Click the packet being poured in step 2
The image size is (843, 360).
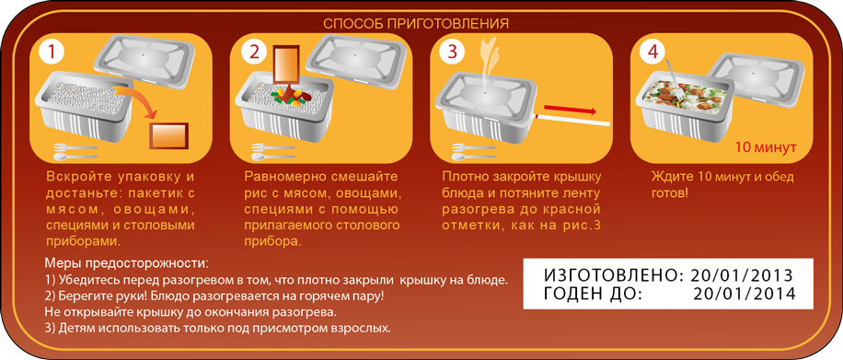tap(287, 67)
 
